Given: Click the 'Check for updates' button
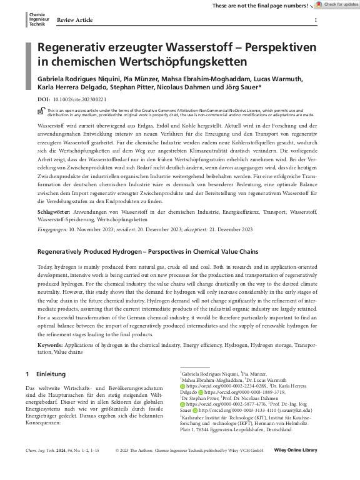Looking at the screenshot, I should click(336, 5).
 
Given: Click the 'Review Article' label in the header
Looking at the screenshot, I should click(74, 20).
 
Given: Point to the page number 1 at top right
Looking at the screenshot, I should click(315, 20).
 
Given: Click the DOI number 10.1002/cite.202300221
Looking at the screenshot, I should click(79, 99).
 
